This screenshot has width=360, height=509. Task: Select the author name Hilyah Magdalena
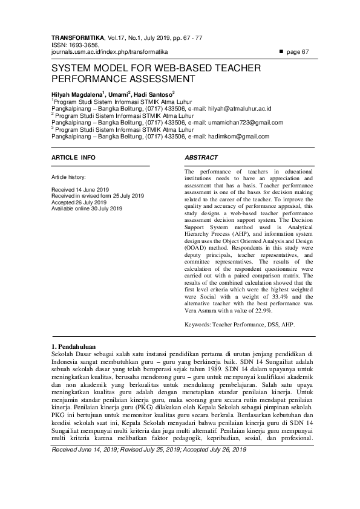tap(77, 95)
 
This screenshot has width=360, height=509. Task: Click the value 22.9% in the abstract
tap(263, 310)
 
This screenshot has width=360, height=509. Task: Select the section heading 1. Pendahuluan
tap(74, 345)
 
